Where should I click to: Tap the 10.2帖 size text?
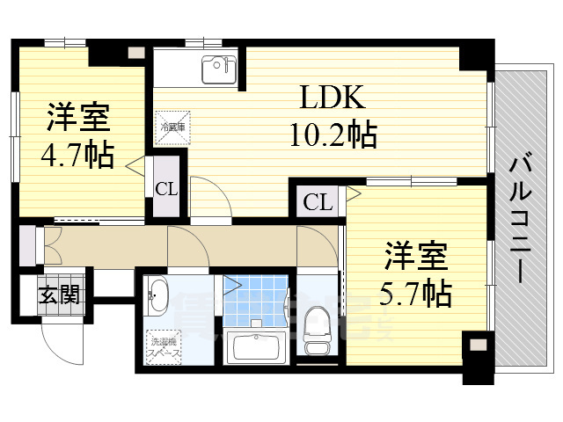point(333,135)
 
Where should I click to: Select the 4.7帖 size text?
point(77,156)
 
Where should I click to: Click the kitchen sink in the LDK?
point(216,69)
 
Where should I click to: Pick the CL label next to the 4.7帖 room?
point(165,187)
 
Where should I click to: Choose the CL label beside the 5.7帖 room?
point(318,203)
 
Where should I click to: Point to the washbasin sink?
point(158,297)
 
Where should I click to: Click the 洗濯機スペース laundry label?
point(165,346)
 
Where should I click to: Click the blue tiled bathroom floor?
point(256,298)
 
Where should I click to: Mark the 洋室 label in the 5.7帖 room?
point(416,257)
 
